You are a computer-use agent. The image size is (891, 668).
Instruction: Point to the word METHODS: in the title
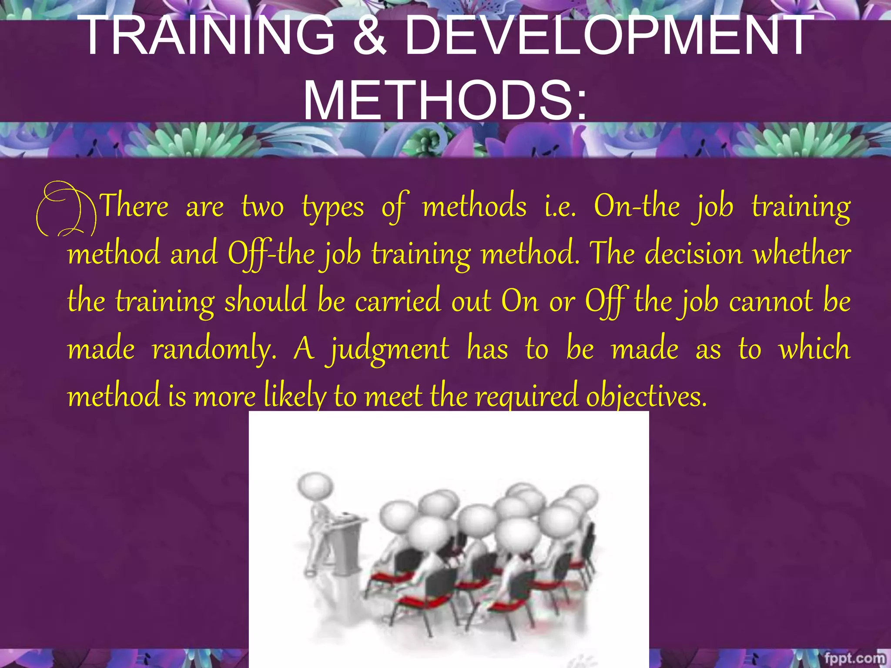[445, 101]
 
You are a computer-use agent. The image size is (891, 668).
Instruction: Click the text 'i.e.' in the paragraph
[560, 206]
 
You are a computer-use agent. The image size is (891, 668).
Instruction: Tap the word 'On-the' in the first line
[636, 206]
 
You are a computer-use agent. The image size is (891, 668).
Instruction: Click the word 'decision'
[693, 254]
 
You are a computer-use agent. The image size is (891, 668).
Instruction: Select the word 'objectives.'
[646, 397]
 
